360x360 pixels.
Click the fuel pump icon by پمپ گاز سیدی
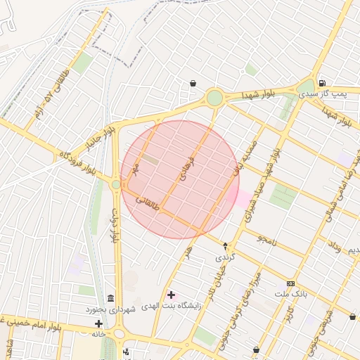point(322,82)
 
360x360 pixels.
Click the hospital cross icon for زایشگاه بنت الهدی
point(171,294)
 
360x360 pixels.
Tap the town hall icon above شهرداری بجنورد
point(110,299)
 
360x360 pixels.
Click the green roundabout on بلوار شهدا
point(214,98)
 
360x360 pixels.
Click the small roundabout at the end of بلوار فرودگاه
point(116,184)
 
